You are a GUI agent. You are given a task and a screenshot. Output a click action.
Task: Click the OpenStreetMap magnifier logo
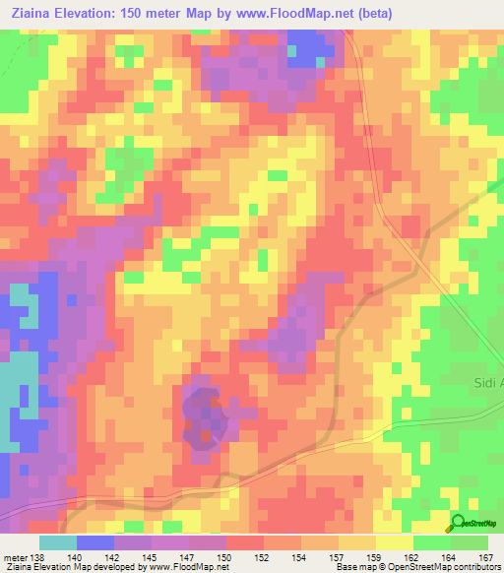458,524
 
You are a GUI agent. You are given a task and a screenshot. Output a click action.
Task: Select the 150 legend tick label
225,556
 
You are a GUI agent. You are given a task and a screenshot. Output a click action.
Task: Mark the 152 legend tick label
263,556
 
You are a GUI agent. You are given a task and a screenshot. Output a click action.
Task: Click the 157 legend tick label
338,556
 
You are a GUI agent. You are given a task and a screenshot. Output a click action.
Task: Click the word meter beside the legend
14,556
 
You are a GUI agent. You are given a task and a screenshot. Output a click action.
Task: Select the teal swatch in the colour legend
58,542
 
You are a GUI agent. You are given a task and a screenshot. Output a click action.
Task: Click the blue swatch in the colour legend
95,542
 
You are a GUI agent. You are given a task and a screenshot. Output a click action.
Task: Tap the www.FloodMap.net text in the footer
187,567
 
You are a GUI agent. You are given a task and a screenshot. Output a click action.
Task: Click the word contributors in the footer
475,567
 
